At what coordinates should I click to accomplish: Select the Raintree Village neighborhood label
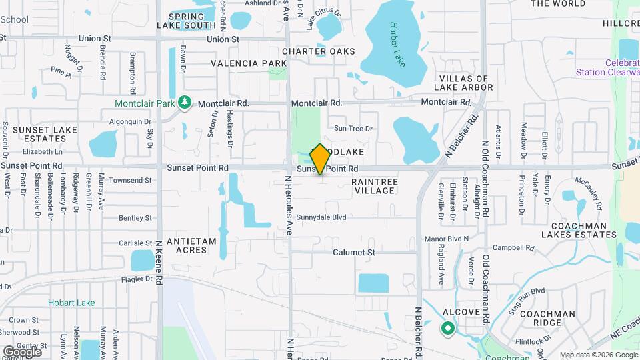pyautogui.click(x=374, y=185)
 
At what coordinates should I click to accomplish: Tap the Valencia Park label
pyautogui.click(x=249, y=63)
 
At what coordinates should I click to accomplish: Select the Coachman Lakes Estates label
pyautogui.click(x=579, y=230)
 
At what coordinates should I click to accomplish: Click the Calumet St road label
pyautogui.click(x=354, y=253)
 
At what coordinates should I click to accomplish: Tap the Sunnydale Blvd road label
pyautogui.click(x=321, y=217)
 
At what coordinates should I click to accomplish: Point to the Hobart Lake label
pyautogui.click(x=71, y=303)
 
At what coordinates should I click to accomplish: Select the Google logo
pyautogui.click(x=22, y=351)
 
